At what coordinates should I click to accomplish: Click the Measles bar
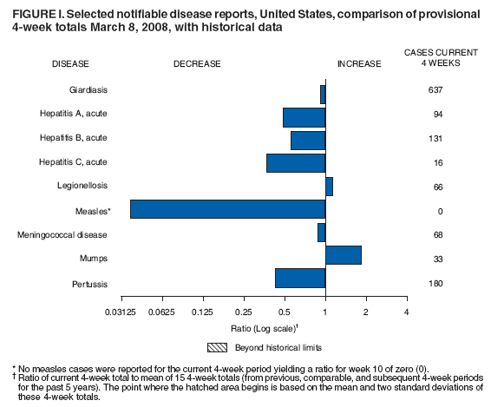(x=227, y=211)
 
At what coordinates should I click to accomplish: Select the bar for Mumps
(x=343, y=254)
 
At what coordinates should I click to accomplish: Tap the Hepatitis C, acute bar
(x=296, y=162)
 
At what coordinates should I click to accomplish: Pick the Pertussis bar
(x=300, y=278)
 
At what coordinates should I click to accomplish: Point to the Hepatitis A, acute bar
(x=304, y=116)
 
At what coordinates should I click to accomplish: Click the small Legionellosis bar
(x=329, y=186)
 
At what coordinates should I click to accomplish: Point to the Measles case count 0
(x=440, y=211)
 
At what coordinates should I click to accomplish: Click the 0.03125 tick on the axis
(x=120, y=312)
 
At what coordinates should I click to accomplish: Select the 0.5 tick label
(x=285, y=312)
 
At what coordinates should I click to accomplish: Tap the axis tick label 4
(x=406, y=312)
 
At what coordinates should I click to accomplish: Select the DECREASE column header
(x=197, y=63)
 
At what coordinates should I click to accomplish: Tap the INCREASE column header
(x=358, y=63)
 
